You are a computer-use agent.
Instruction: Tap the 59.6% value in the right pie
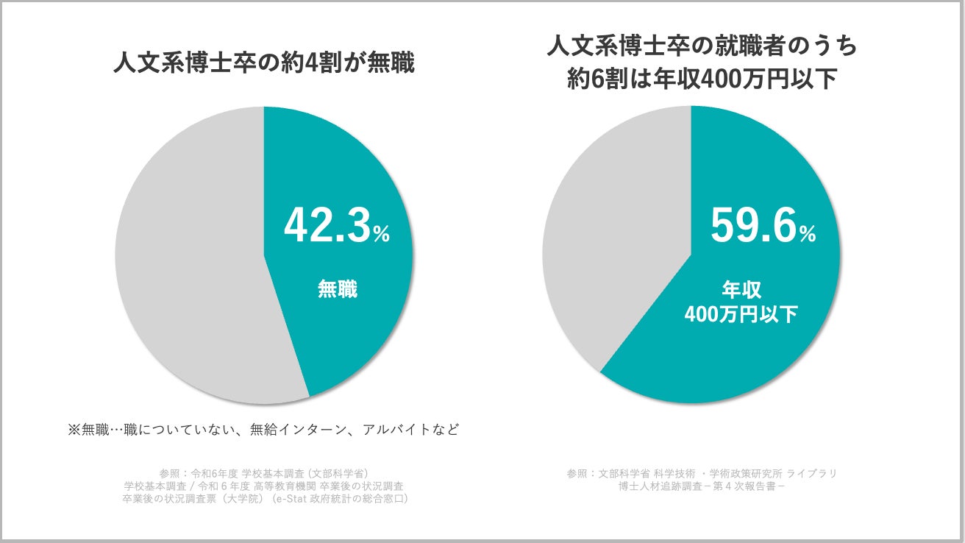pyautogui.click(x=755, y=225)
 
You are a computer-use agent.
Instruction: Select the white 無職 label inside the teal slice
pyautogui.click(x=337, y=289)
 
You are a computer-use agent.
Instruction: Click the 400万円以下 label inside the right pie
pyautogui.click(x=741, y=314)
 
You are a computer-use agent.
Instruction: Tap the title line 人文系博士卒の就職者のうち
pyautogui.click(x=702, y=47)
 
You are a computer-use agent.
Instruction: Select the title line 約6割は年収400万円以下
pyautogui.click(x=702, y=79)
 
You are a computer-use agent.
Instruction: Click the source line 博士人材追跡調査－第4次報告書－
pyautogui.click(x=702, y=486)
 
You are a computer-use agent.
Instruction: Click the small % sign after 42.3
pyautogui.click(x=381, y=235)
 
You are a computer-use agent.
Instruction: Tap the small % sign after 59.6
pyautogui.click(x=808, y=235)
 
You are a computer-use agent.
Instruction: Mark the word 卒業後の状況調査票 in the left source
pyautogui.click(x=171, y=499)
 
